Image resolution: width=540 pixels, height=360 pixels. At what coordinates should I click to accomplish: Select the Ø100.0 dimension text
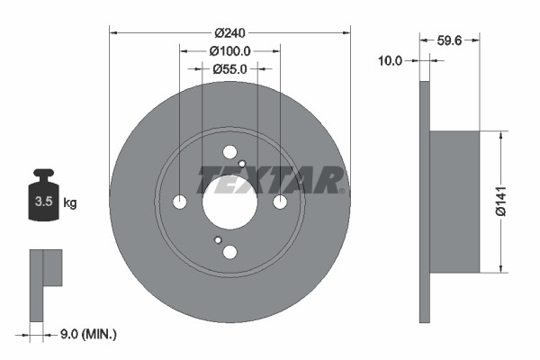(x=229, y=52)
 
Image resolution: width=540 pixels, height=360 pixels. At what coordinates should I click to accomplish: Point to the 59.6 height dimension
(x=449, y=40)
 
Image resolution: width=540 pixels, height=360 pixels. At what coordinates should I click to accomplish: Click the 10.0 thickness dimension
(x=391, y=61)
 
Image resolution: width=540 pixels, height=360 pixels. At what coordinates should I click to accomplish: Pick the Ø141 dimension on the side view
(x=517, y=201)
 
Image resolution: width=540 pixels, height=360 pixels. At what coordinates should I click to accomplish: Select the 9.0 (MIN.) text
(x=87, y=334)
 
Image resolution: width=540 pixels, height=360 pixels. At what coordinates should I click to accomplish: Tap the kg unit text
(x=71, y=203)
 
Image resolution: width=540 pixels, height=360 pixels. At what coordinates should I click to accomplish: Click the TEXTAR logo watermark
(x=270, y=179)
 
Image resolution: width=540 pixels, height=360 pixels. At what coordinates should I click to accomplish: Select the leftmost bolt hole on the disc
(x=179, y=202)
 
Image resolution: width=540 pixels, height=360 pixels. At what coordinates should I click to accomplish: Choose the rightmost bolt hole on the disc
(x=280, y=202)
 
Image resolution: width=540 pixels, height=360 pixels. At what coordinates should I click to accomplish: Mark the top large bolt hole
(x=229, y=152)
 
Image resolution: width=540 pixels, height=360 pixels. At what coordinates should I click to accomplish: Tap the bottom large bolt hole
(x=229, y=252)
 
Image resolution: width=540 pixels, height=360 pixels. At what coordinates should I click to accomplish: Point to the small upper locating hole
(x=242, y=163)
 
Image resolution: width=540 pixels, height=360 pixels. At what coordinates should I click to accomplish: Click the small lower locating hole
(x=218, y=240)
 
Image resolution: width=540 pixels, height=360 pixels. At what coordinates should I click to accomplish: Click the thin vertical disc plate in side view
(x=424, y=201)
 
